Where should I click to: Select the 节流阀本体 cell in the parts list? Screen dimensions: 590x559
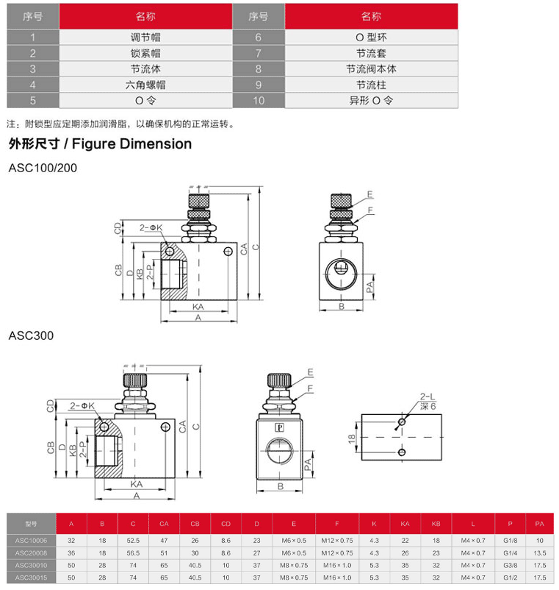pyautogui.click(x=371, y=68)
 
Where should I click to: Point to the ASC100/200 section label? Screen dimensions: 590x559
pyautogui.click(x=42, y=168)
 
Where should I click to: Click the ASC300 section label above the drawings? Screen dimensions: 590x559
pyautogui.click(x=31, y=335)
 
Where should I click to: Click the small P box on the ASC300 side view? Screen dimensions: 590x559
pyautogui.click(x=279, y=427)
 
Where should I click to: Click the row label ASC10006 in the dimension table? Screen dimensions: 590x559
pyautogui.click(x=30, y=540)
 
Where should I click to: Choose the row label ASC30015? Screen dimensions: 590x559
pyautogui.click(x=30, y=577)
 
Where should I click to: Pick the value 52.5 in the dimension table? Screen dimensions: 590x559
pyautogui.click(x=133, y=540)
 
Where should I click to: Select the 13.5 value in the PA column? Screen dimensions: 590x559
pyautogui.click(x=540, y=552)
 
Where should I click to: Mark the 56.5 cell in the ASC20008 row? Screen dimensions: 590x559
pyautogui.click(x=133, y=552)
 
